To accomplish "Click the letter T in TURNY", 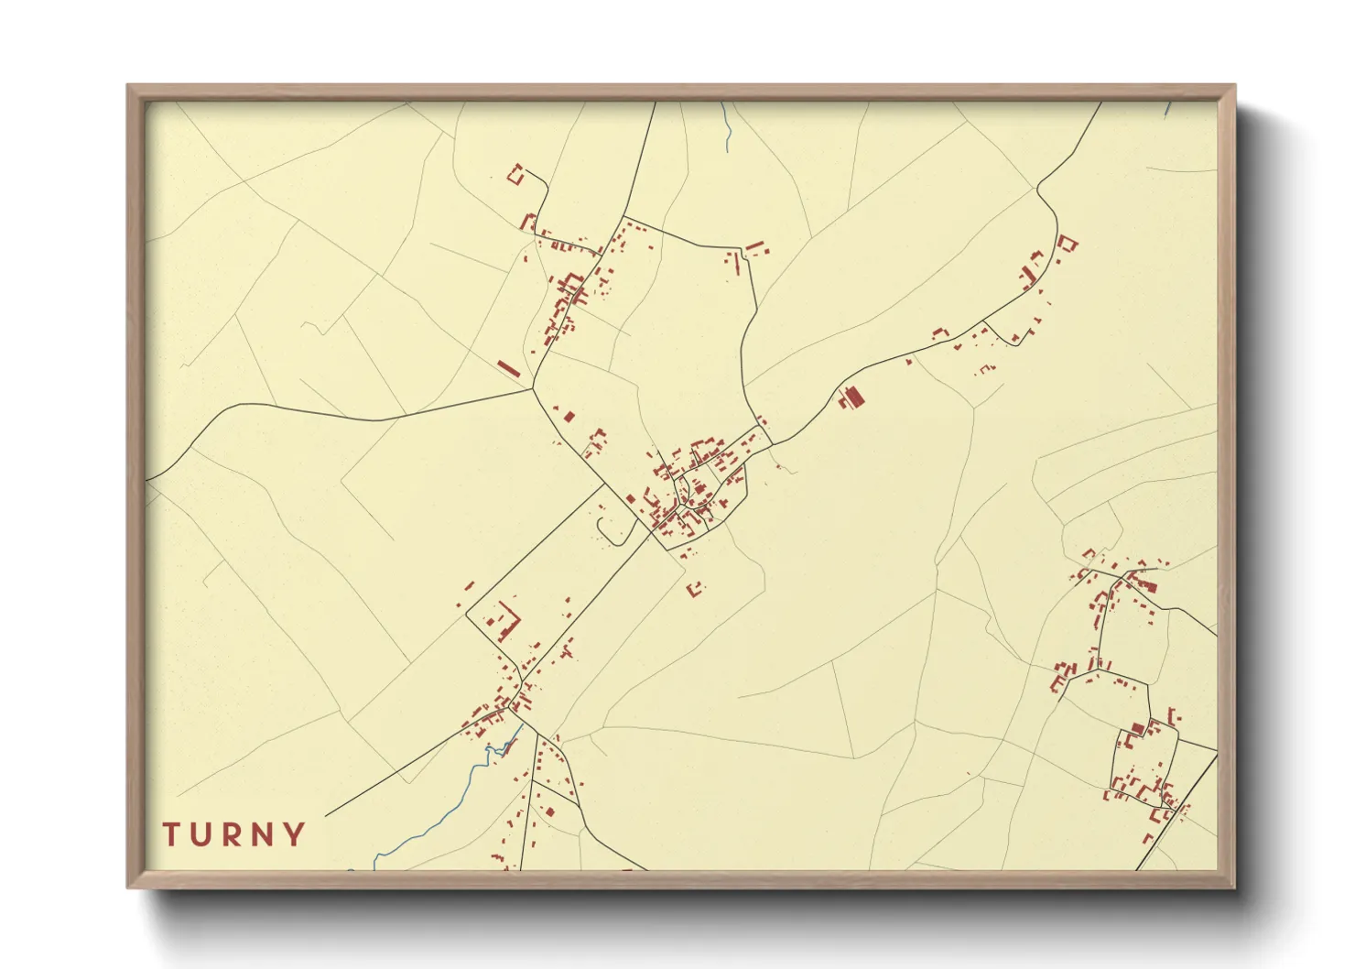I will point(171,834).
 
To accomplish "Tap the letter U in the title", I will point(202,834).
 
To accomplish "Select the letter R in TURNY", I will point(233,834).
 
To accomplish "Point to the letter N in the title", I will point(265,834).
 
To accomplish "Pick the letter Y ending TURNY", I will point(295,834).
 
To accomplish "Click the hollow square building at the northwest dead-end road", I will point(515,174).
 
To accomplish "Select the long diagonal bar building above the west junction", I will point(508,368).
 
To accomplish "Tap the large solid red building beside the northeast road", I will point(855,397).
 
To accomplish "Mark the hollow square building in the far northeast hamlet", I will point(1068,244).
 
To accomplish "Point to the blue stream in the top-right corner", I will point(1169,107).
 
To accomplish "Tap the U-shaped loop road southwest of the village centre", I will point(606,528).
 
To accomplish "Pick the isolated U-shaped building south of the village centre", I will point(696,588).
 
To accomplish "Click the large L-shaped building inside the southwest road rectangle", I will point(506,623).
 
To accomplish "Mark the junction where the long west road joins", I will point(533,389).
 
